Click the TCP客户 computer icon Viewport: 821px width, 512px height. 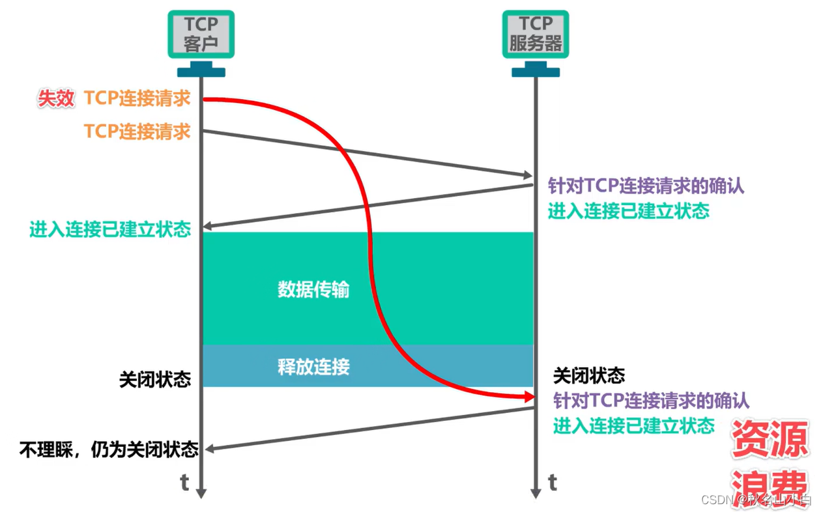click(x=201, y=36)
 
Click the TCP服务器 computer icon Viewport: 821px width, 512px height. click(x=535, y=36)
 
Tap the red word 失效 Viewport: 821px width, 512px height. click(x=56, y=99)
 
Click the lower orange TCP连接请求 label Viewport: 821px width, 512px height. click(x=137, y=132)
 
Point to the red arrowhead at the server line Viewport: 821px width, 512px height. click(x=528, y=396)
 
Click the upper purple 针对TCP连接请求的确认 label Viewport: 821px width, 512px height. click(x=646, y=186)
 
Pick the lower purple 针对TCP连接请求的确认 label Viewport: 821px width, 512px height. click(x=651, y=400)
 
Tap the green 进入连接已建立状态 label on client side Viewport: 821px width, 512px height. click(x=110, y=229)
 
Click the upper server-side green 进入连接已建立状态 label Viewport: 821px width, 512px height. click(x=628, y=211)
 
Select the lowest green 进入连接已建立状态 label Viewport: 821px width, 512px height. click(x=633, y=425)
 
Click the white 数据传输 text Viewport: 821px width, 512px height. click(x=313, y=289)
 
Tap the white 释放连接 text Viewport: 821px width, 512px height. click(x=313, y=367)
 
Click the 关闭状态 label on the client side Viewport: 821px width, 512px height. click(x=155, y=380)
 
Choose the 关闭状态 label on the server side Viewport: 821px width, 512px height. click(x=589, y=376)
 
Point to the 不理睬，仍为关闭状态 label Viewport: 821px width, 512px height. click(x=109, y=449)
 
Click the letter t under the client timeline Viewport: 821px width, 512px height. click(x=184, y=483)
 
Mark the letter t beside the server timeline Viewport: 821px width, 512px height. click(x=553, y=483)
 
